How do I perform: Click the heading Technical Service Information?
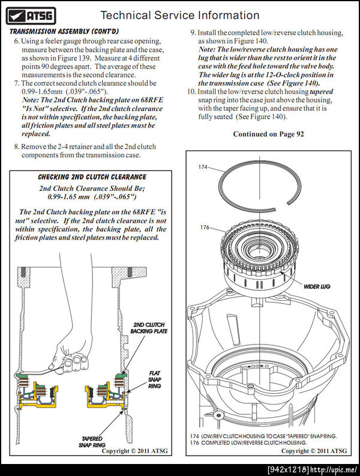click(179, 15)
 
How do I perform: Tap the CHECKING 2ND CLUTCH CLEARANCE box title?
click(92, 177)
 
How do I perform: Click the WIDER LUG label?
click(316, 287)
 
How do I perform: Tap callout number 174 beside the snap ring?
click(204, 167)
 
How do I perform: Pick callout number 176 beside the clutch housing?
click(204, 227)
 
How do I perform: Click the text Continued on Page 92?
click(268, 134)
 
